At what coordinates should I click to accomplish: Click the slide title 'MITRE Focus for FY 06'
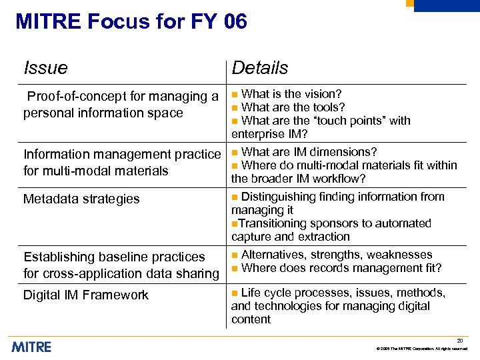131,22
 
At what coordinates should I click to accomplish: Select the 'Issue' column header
45,68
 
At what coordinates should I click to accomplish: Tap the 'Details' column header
260,68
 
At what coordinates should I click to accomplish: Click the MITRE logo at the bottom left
31,346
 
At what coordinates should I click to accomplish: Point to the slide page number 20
460,341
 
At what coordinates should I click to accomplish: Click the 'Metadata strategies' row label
81,199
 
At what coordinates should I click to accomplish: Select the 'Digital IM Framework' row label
86,295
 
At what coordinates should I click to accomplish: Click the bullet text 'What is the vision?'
291,94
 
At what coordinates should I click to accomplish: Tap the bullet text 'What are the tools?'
293,107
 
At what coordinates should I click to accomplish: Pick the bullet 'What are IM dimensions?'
309,152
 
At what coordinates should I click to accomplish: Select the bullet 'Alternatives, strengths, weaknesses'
337,255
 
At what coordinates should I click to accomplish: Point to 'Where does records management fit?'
341,268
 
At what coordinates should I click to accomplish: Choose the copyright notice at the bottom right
422,349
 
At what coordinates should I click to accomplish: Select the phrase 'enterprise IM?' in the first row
269,134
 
